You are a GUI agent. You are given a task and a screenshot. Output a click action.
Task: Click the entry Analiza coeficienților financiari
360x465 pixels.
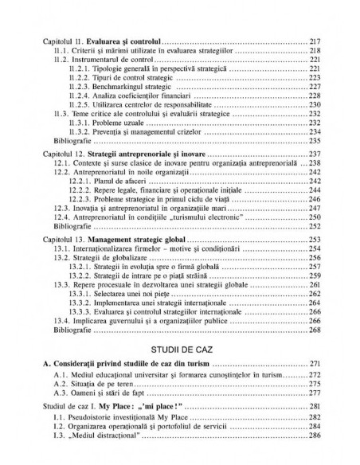[x=128, y=96]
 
